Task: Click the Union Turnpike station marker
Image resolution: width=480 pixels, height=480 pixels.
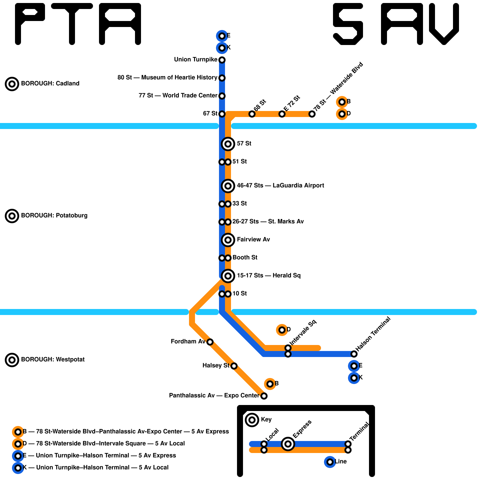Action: point(222,60)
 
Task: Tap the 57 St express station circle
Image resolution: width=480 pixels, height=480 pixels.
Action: point(228,144)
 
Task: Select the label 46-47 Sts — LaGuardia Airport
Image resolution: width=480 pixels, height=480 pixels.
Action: point(280,186)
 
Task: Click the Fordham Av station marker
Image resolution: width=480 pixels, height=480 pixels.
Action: point(210,342)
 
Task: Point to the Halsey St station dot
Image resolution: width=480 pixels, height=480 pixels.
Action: point(234,366)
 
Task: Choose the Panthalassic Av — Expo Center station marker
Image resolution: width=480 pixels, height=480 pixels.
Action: point(264,396)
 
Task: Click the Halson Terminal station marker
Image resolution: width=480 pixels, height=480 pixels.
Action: point(354,354)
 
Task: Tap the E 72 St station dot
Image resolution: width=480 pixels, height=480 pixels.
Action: point(282,114)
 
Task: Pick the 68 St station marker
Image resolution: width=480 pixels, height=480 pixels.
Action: point(252,114)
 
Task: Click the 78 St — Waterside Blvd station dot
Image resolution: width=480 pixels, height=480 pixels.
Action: point(312,114)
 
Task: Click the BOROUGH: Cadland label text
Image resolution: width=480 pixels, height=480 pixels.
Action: point(50,84)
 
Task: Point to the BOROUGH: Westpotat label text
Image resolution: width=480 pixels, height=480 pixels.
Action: point(53,360)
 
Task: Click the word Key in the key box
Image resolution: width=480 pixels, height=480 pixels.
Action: point(266,420)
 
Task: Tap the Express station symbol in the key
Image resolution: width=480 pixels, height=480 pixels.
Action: point(288,444)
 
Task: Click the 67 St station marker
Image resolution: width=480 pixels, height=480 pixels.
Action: point(222,114)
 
